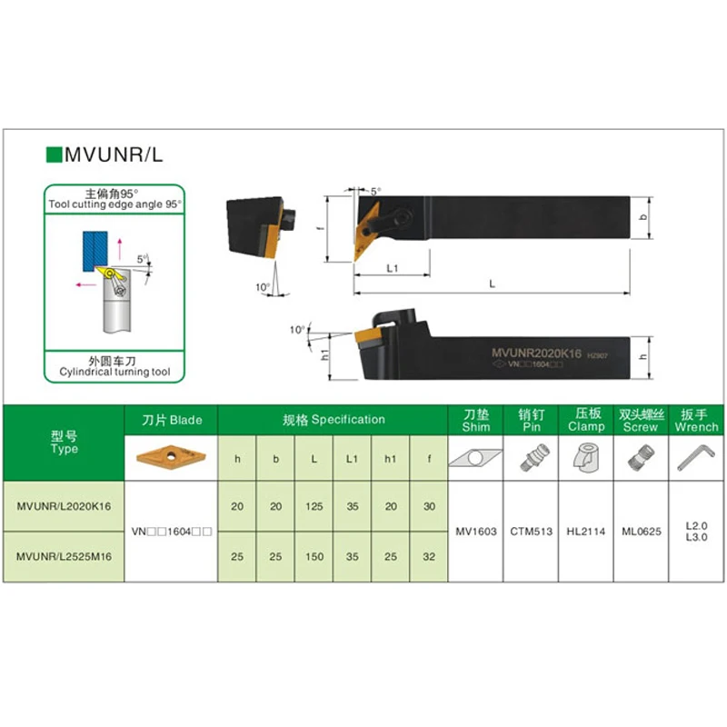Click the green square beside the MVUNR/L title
click(x=53, y=154)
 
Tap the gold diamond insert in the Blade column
click(x=172, y=456)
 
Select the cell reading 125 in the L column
click(x=314, y=506)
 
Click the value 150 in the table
click(x=314, y=555)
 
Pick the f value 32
click(x=429, y=555)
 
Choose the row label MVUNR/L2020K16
click(x=64, y=506)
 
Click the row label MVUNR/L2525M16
click(x=64, y=555)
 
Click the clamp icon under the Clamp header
click(x=586, y=458)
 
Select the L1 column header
click(x=352, y=458)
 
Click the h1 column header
click(x=391, y=458)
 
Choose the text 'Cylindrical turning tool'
click(x=115, y=373)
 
